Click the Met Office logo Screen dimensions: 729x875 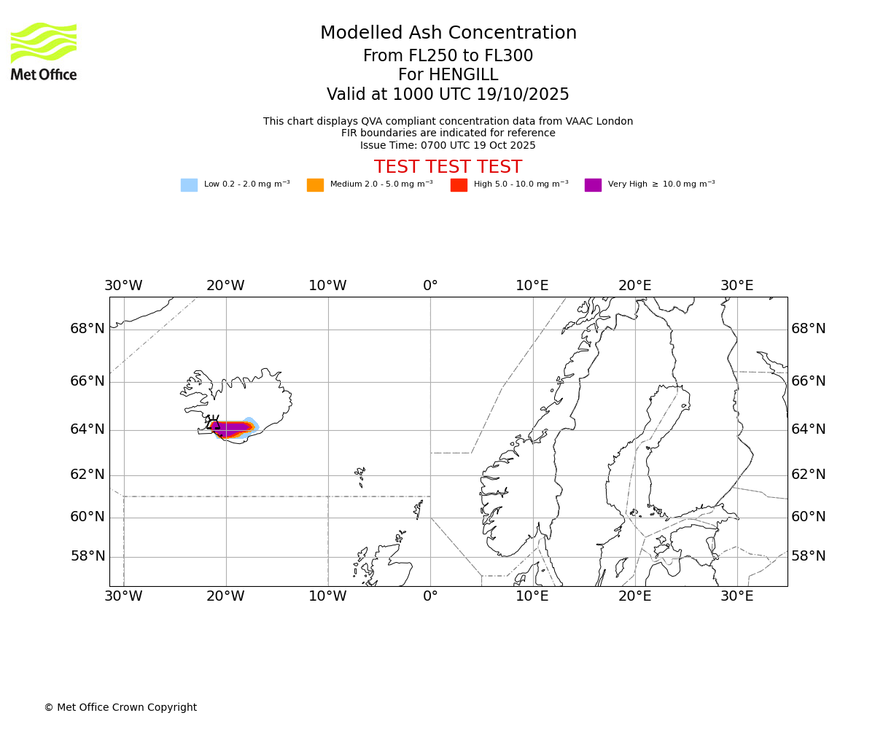point(44,51)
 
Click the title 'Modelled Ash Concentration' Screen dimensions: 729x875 point(448,34)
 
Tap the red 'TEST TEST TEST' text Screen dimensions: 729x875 point(448,168)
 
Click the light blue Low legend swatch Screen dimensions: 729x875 point(189,185)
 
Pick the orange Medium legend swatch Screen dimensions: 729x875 point(315,185)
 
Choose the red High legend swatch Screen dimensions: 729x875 point(459,185)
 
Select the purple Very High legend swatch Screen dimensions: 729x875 point(593,185)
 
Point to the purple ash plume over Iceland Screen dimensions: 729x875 point(230,428)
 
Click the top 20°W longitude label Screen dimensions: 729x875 point(225,286)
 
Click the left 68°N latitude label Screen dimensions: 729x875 point(87,329)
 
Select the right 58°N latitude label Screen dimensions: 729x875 point(809,556)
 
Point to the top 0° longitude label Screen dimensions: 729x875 point(430,286)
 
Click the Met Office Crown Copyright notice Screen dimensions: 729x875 point(120,708)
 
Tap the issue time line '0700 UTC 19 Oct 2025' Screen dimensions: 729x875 point(448,145)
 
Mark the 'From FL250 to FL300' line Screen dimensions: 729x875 point(448,56)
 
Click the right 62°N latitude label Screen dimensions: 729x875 point(809,475)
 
